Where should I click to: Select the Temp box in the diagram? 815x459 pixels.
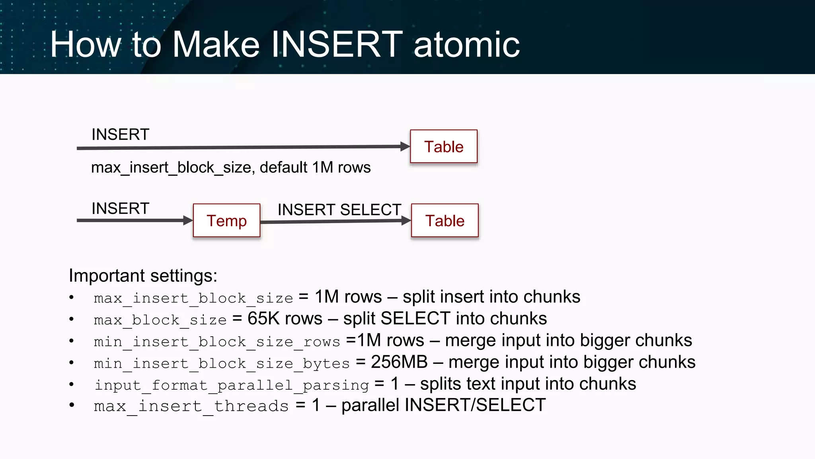pyautogui.click(x=226, y=220)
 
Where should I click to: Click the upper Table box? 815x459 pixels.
pyautogui.click(x=444, y=147)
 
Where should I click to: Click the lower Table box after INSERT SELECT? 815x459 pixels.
pyautogui.click(x=445, y=220)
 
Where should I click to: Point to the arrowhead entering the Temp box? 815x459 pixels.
pyautogui.click(x=188, y=220)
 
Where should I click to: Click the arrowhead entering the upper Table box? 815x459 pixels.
pyautogui.click(x=405, y=147)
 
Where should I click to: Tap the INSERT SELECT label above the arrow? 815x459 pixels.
pyautogui.click(x=339, y=210)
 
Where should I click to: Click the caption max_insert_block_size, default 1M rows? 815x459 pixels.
pyautogui.click(x=231, y=167)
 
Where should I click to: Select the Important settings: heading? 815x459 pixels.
pyautogui.click(x=143, y=276)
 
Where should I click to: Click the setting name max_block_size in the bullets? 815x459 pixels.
pyautogui.click(x=160, y=320)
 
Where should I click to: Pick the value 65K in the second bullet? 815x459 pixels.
pyautogui.click(x=263, y=319)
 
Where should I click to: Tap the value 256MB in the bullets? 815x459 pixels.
pyautogui.click(x=399, y=362)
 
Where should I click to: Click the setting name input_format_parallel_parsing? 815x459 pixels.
pyautogui.click(x=232, y=385)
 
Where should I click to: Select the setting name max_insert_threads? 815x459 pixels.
pyautogui.click(x=191, y=406)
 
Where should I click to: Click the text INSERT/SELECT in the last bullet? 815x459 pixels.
pyautogui.click(x=475, y=405)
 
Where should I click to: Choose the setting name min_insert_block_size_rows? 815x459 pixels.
pyautogui.click(x=217, y=341)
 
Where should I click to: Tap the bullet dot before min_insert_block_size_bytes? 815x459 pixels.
pyautogui.click(x=72, y=363)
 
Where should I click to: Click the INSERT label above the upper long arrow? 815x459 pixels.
pyautogui.click(x=120, y=135)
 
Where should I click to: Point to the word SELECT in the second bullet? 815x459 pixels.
pyautogui.click(x=415, y=319)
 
